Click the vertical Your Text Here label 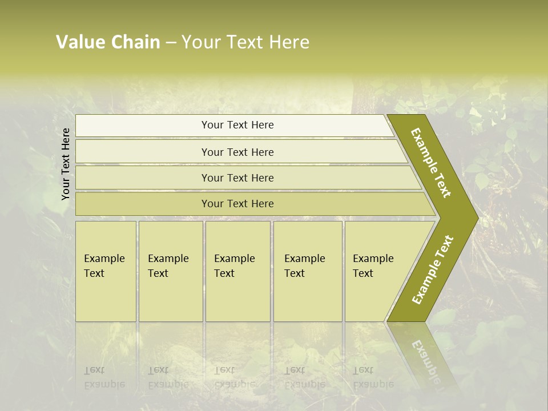(x=66, y=164)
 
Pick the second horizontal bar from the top (x=237, y=152)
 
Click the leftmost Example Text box (x=106, y=271)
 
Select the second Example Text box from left (x=170, y=271)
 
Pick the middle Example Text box (x=237, y=271)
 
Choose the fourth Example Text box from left (x=308, y=271)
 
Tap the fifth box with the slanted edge (x=377, y=271)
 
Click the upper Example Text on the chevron (x=431, y=163)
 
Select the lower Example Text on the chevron (x=433, y=269)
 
